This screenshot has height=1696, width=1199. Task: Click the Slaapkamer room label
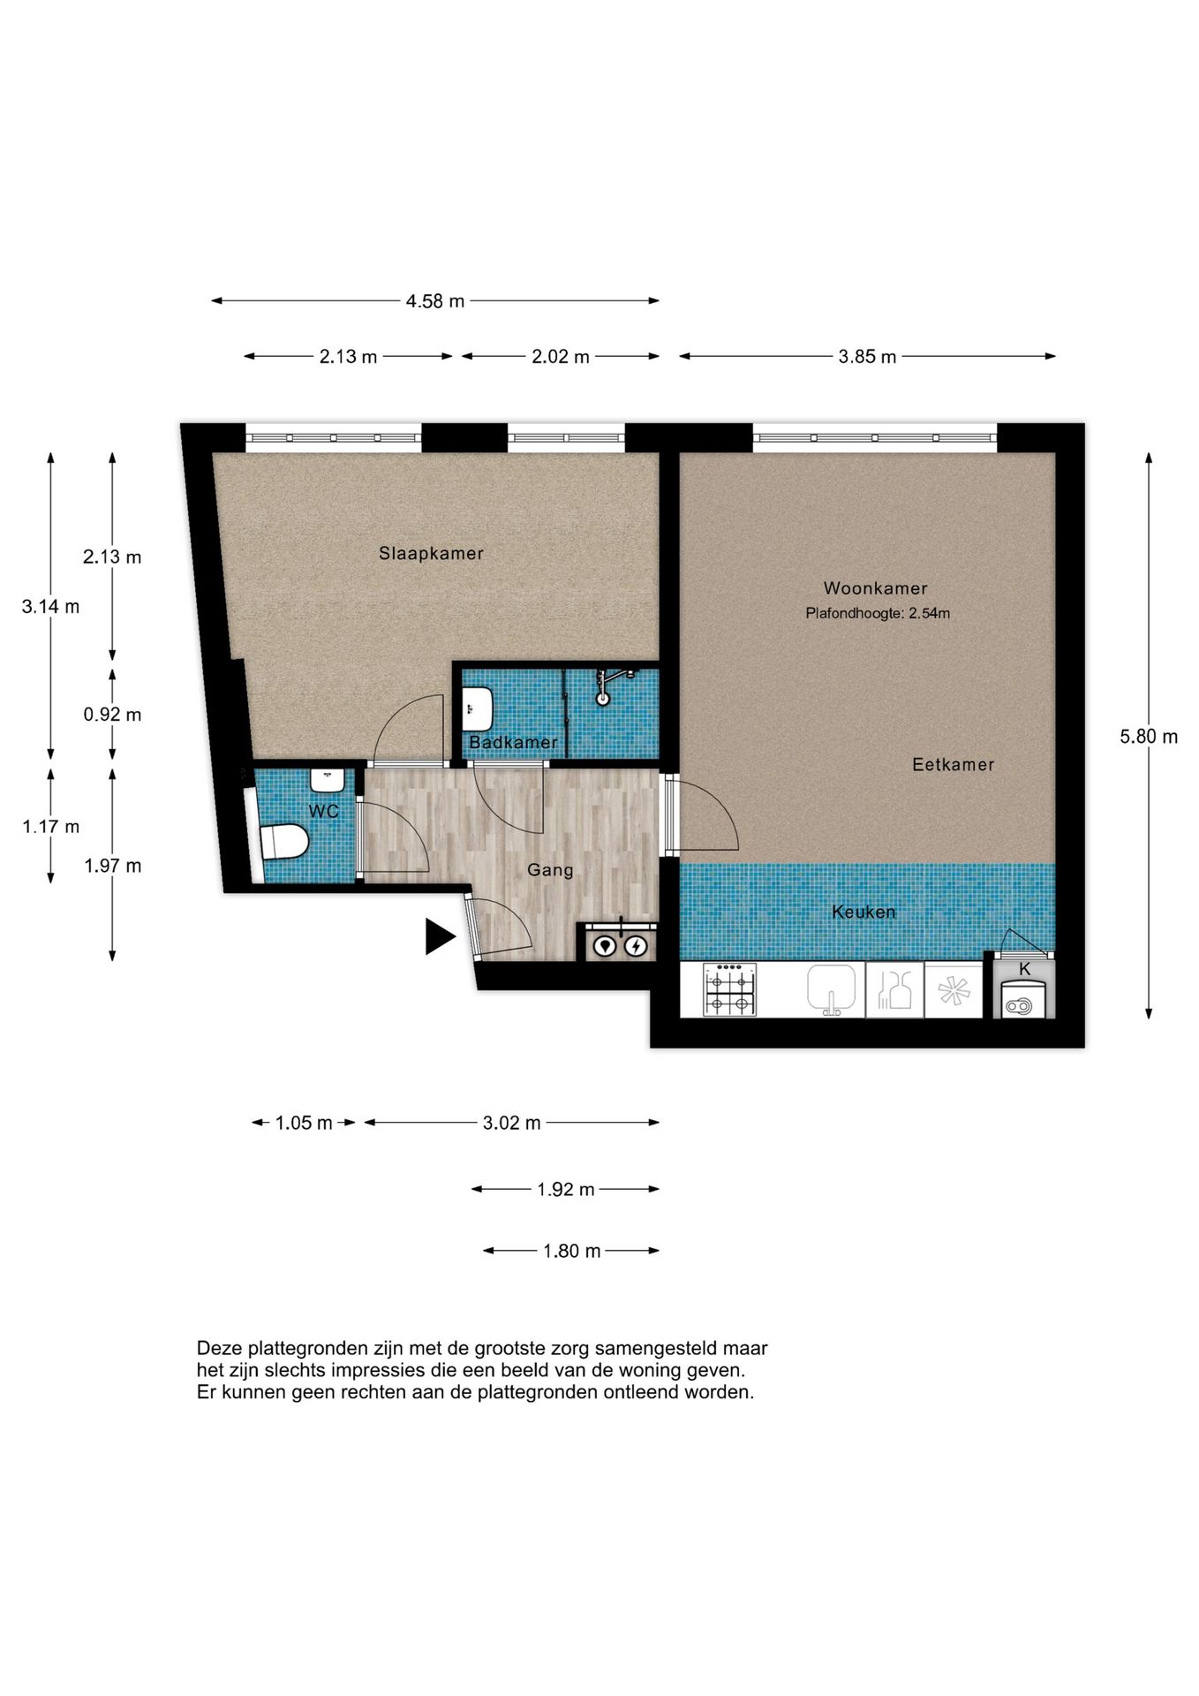point(431,554)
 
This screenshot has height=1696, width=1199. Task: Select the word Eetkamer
point(953,765)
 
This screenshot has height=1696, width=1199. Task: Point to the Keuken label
point(863,912)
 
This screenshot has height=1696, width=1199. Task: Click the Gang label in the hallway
point(550,870)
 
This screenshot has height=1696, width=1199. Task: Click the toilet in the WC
point(284,842)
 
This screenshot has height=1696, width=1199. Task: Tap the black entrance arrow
point(440,936)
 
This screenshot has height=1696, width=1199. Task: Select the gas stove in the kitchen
point(729,989)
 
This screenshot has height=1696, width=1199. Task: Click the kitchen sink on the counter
point(831,988)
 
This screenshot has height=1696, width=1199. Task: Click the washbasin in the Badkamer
point(477,708)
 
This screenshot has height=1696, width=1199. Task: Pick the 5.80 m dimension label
point(1149,737)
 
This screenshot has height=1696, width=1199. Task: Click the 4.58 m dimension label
point(435,301)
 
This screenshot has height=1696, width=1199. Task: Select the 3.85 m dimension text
point(867,357)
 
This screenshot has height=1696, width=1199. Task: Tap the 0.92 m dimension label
point(112,715)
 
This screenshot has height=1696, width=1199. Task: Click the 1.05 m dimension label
point(304,1123)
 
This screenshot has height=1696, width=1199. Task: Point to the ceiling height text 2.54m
point(930,613)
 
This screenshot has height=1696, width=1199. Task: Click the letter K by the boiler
point(1025,969)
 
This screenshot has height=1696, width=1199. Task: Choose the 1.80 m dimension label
point(572,1251)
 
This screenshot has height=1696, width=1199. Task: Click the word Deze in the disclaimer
point(220,1349)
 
